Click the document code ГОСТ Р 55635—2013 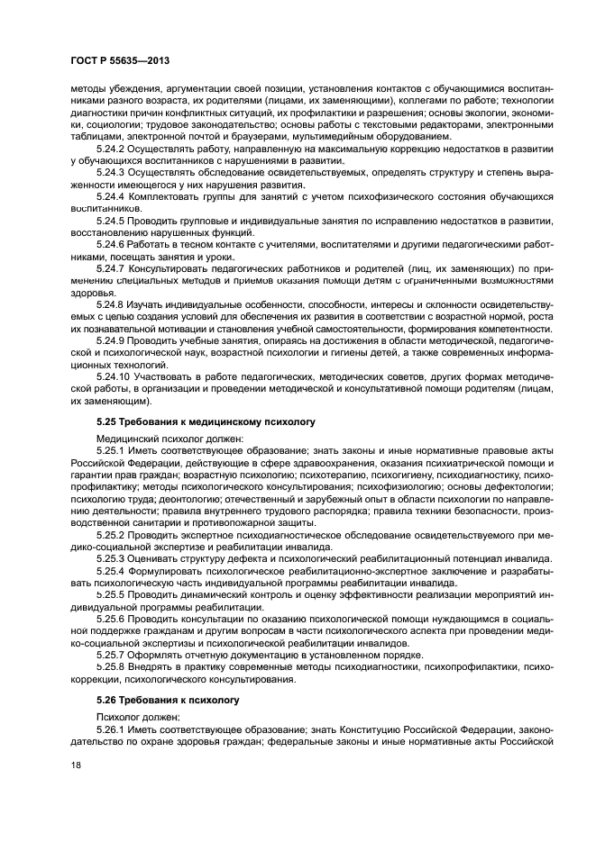pyautogui.click(x=124, y=59)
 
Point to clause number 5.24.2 pyautogui.click(x=112, y=147)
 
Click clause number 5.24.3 pyautogui.click(x=112, y=169)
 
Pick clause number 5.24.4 pyautogui.click(x=112, y=194)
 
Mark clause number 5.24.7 pyautogui.click(x=112, y=268)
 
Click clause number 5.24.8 pyautogui.click(x=112, y=304)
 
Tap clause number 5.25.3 pyautogui.click(x=112, y=558)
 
